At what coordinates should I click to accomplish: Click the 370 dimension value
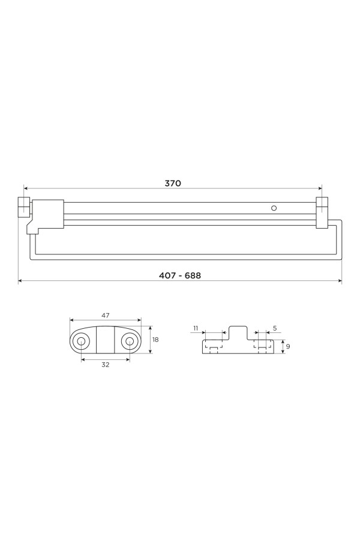(173, 183)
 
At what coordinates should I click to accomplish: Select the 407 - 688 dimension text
(180, 275)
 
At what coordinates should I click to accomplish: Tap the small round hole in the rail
(274, 208)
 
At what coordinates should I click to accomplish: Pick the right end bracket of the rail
(322, 212)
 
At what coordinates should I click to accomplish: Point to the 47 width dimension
(106, 315)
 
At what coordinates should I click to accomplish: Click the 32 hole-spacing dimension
(106, 365)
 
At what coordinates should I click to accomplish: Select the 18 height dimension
(155, 340)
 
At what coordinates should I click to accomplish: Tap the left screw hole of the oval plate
(82, 341)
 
